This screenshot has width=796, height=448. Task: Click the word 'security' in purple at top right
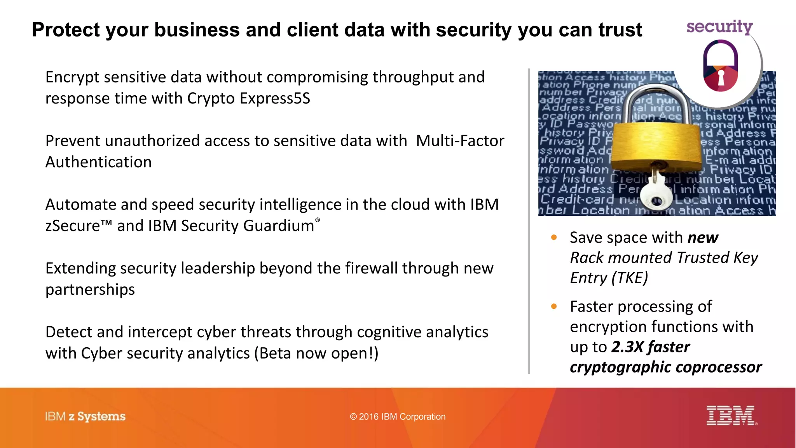(x=719, y=27)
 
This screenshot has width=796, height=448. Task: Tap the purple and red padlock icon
(x=721, y=66)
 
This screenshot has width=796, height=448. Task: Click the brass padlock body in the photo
(x=657, y=144)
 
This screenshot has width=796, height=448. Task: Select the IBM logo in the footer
(x=731, y=416)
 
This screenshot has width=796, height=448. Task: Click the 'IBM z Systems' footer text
(x=85, y=416)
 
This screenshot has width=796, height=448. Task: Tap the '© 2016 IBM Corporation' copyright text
(x=398, y=417)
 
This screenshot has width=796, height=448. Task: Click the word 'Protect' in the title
(x=65, y=30)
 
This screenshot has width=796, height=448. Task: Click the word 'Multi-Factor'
(x=460, y=141)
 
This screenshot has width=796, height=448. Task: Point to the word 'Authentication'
(x=98, y=162)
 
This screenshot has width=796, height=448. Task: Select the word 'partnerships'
(x=90, y=290)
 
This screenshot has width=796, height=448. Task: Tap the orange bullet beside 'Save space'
(x=554, y=238)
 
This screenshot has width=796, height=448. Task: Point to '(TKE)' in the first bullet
(x=630, y=278)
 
